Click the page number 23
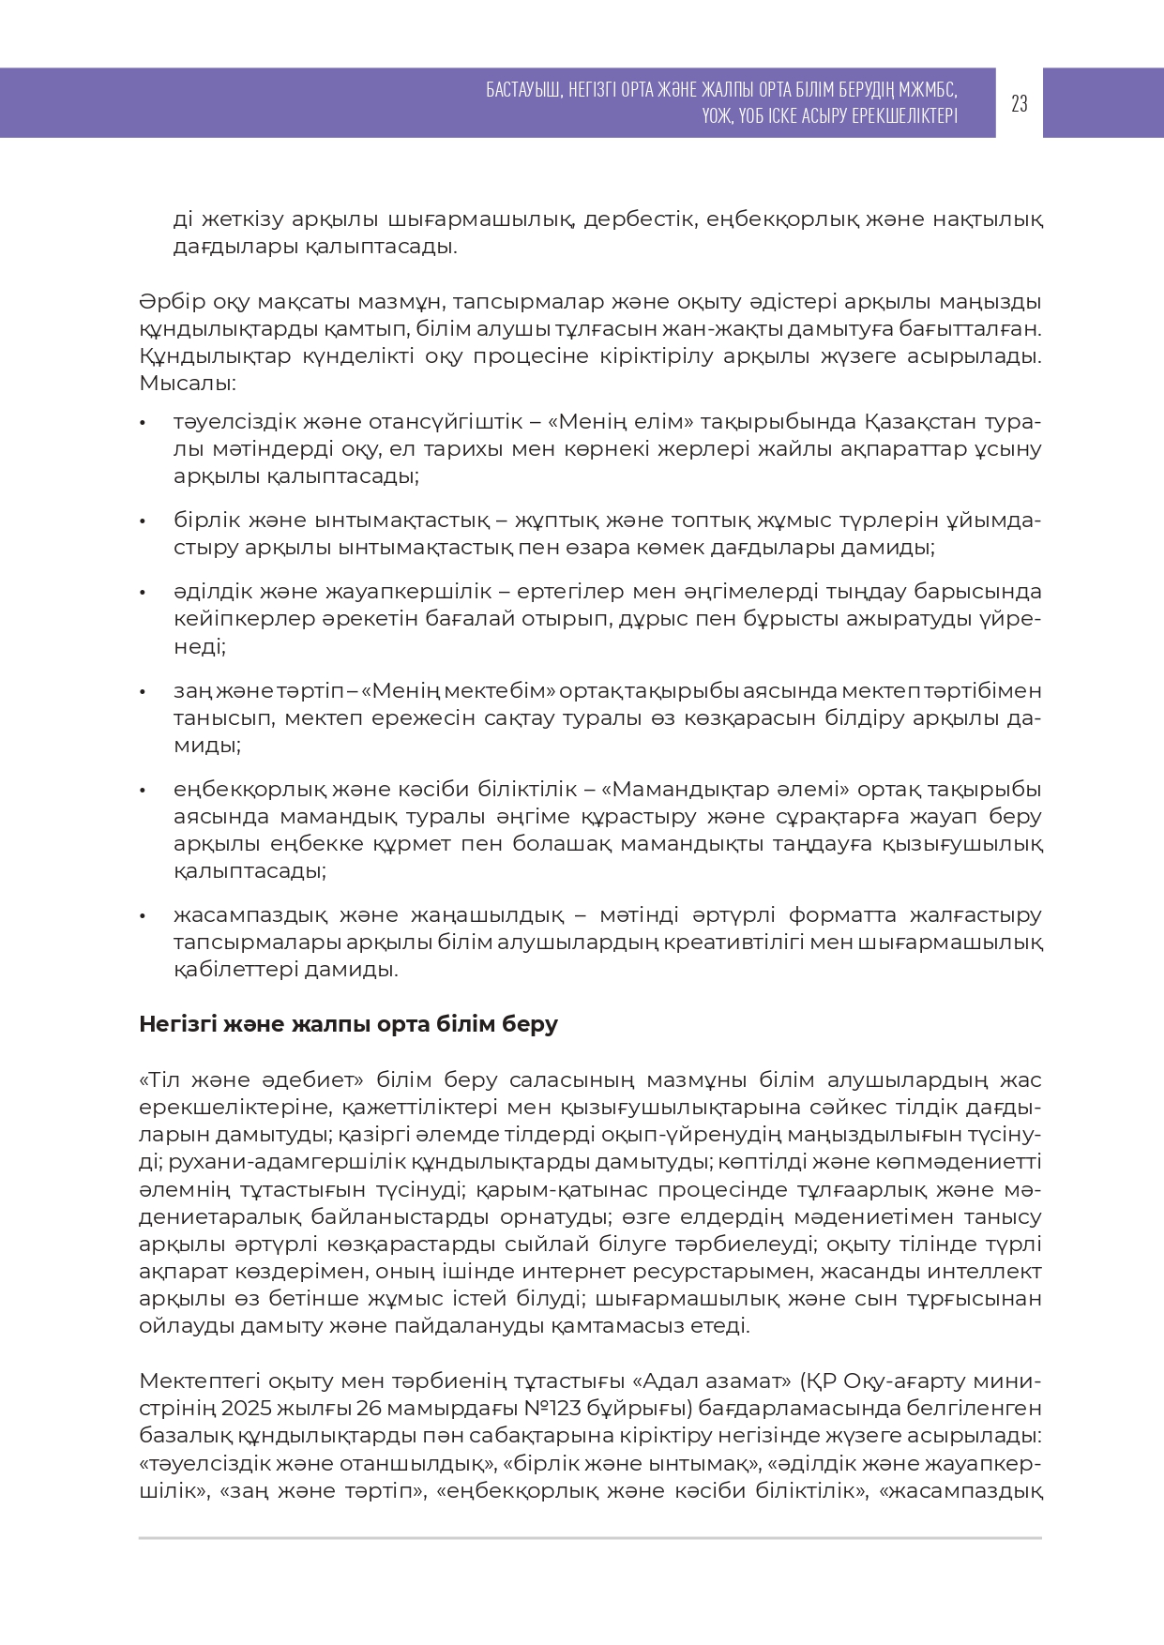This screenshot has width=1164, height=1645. tap(1019, 103)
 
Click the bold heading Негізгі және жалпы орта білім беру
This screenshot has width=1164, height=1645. tap(348, 1024)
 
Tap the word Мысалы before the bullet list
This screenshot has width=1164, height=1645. tap(185, 384)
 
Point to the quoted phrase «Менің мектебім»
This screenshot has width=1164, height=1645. tap(459, 691)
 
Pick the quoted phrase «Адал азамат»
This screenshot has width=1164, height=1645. tap(713, 1381)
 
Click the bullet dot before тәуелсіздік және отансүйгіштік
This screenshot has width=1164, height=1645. tap(143, 423)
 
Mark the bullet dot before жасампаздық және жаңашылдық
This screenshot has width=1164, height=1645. tap(143, 915)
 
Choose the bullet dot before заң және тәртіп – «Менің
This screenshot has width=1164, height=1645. tap(143, 692)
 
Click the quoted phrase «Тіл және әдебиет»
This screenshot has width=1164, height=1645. tap(251, 1080)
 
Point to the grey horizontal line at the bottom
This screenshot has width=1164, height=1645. tap(590, 1538)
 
